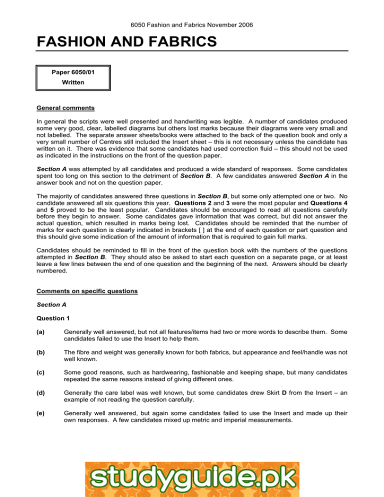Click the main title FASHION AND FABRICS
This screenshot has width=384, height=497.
(126, 41)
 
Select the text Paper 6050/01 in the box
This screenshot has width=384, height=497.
(74, 72)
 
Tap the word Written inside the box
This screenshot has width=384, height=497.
(74, 82)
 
